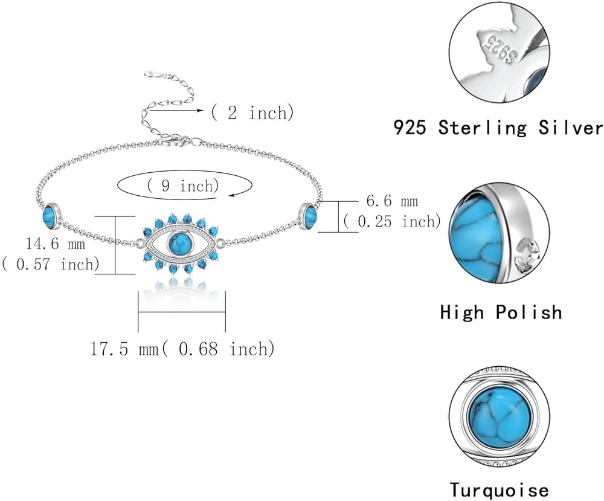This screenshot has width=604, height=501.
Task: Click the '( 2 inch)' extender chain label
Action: coord(252,112)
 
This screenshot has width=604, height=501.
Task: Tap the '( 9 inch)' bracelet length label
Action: coord(183,186)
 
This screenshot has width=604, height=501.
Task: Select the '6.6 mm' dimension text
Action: coord(392,201)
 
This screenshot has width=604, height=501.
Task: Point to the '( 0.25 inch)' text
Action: coord(392,221)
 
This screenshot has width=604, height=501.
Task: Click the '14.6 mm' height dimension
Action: coord(56,244)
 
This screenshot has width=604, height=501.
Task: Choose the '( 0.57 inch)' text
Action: coord(51,264)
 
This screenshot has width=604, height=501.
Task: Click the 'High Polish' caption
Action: coord(501,312)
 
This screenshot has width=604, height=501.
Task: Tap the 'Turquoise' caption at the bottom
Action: coord(500,490)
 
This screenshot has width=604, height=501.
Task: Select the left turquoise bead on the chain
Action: coord(51,214)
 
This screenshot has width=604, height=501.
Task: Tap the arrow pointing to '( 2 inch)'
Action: coord(176,111)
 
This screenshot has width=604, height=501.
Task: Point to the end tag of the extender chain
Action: coord(152,74)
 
